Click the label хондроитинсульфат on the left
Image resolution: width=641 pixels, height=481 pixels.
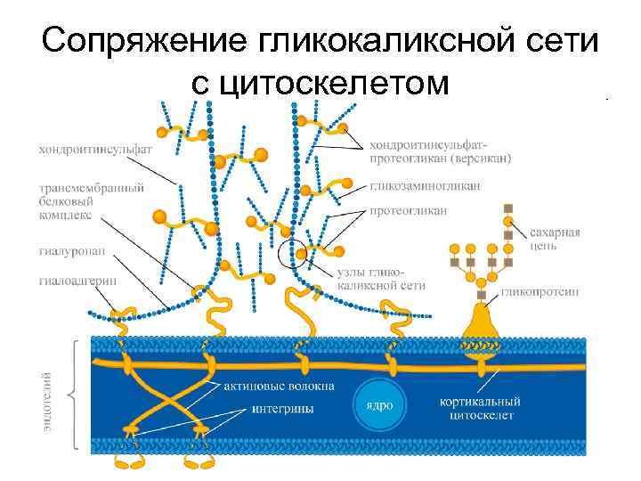pos(94,150)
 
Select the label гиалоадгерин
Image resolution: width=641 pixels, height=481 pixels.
pos(76,281)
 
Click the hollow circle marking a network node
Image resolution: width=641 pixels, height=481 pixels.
pos(293,253)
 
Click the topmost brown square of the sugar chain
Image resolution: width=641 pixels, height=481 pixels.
pos(508,208)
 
